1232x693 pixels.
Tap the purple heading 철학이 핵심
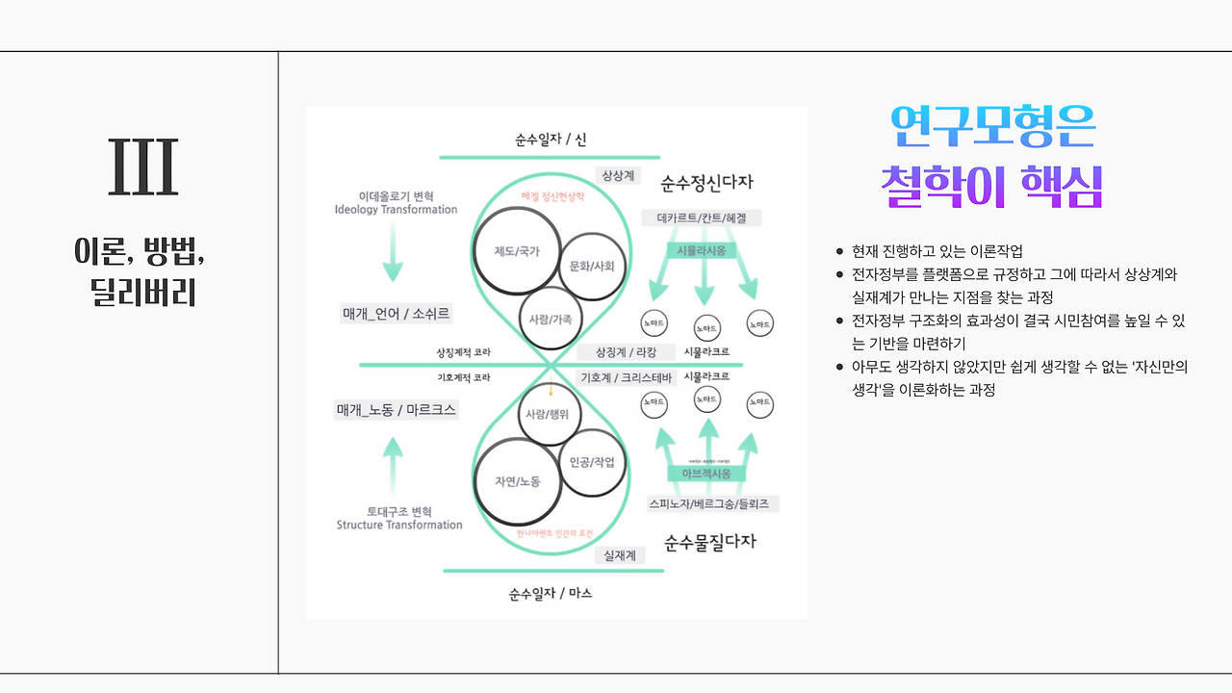(x=992, y=187)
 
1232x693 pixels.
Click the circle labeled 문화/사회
(x=592, y=266)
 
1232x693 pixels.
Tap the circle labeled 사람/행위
(x=549, y=415)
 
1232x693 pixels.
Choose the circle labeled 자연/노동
(x=517, y=481)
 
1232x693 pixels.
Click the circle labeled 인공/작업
(x=592, y=463)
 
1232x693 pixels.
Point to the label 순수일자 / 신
(x=551, y=140)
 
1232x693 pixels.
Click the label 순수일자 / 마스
(x=551, y=594)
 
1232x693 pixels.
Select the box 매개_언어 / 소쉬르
(x=397, y=314)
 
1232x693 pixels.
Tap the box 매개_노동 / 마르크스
(x=397, y=410)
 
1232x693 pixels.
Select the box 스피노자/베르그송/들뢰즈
(x=712, y=504)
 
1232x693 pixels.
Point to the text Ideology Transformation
(x=396, y=210)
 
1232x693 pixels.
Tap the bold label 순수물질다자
(x=710, y=542)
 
